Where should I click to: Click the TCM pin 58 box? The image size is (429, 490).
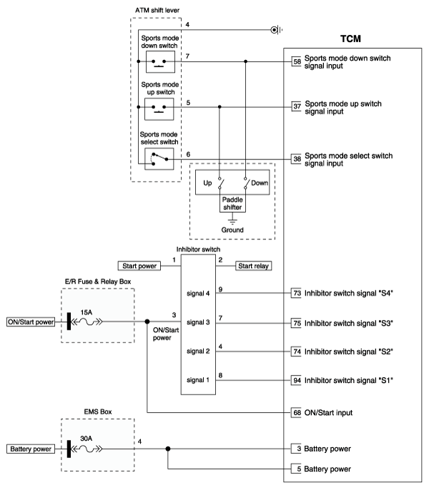coord(296,62)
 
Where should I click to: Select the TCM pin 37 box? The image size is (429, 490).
coord(296,107)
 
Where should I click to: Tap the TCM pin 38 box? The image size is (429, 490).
coord(296,159)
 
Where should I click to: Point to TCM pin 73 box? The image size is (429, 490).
coord(296,294)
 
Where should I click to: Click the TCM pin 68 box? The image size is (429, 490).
coord(296,412)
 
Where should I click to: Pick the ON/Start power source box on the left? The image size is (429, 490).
coord(31,321)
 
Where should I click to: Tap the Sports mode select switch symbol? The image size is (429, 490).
coord(159,158)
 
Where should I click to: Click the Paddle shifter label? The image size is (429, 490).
coord(232,204)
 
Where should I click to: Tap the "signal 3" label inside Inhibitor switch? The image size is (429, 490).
coord(197,322)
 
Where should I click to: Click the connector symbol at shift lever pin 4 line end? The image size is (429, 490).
coord(275,30)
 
